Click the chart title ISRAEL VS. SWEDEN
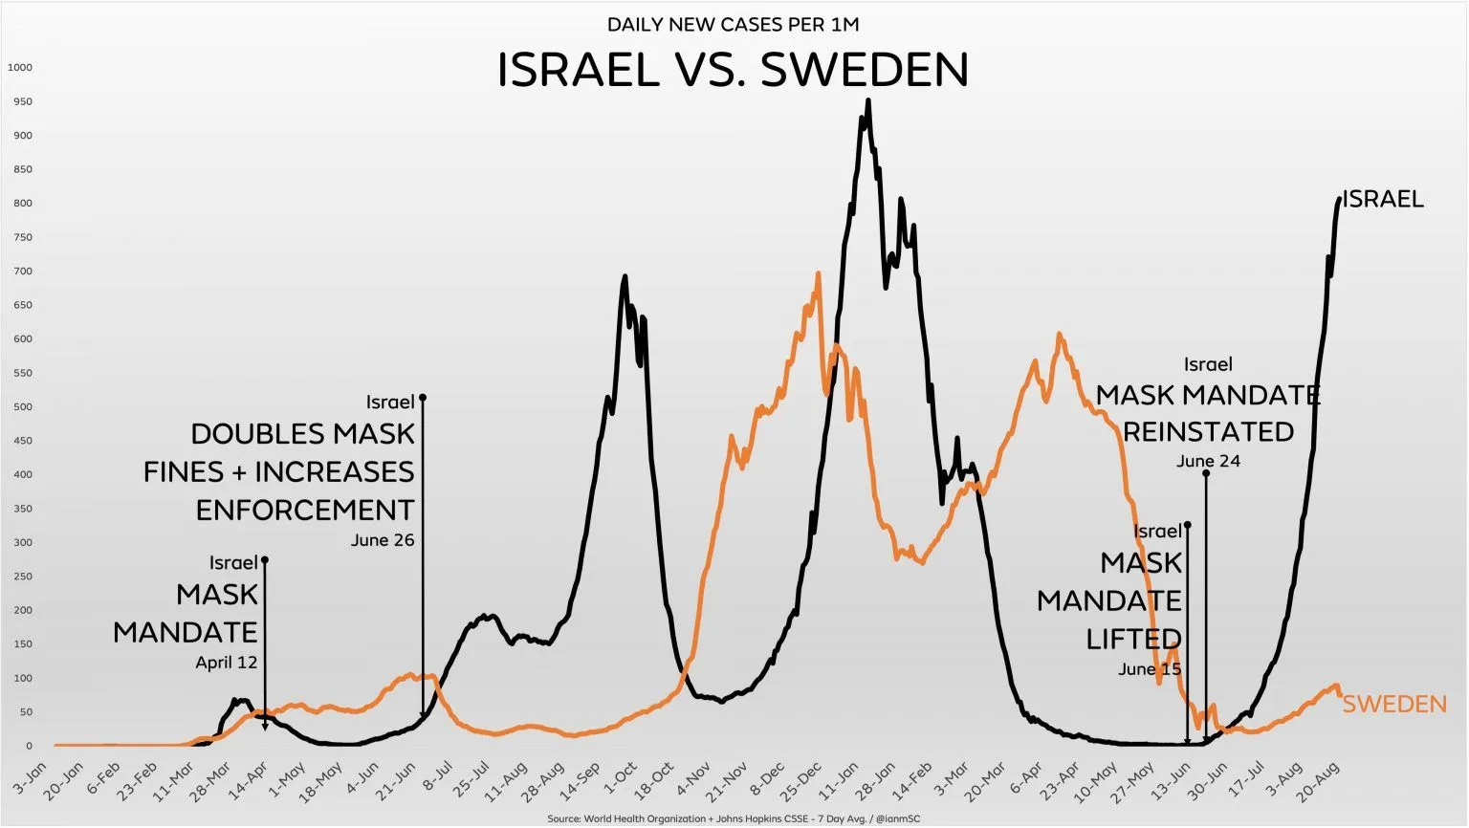(733, 70)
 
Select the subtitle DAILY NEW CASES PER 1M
(726, 25)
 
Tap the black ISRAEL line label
(1383, 199)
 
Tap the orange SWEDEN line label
(1394, 705)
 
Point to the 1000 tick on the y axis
(20, 68)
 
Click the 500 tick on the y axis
(22, 407)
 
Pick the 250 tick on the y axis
(22, 577)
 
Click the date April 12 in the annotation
(227, 663)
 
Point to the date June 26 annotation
(383, 540)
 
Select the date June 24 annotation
(1208, 461)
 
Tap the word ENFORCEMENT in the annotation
(305, 511)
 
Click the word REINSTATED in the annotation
(1208, 432)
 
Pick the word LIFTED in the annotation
(1133, 639)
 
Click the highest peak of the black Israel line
(867, 100)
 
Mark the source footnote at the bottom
(734, 819)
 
